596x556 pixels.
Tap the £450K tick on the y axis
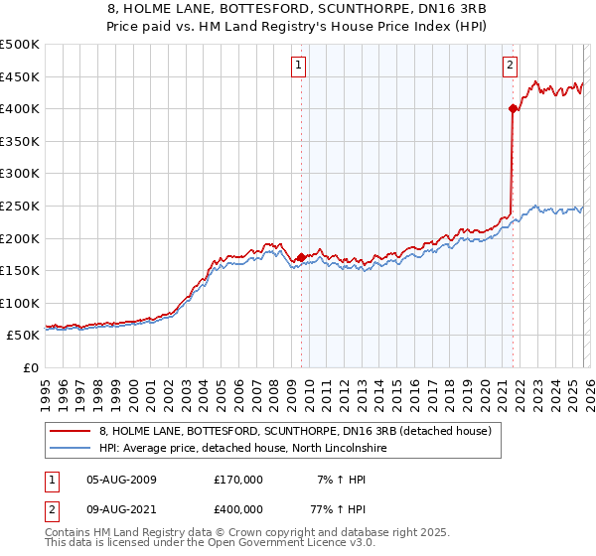click(x=20, y=76)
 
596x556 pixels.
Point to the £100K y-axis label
click(x=20, y=304)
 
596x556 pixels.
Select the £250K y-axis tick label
click(x=20, y=207)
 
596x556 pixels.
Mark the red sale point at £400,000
click(x=513, y=108)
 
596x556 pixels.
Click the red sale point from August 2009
click(x=301, y=257)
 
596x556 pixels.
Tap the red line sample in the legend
click(x=72, y=431)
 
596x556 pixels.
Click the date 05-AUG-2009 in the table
click(x=122, y=480)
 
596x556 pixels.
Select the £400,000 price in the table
click(x=238, y=511)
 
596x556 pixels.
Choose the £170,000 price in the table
click(x=238, y=480)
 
